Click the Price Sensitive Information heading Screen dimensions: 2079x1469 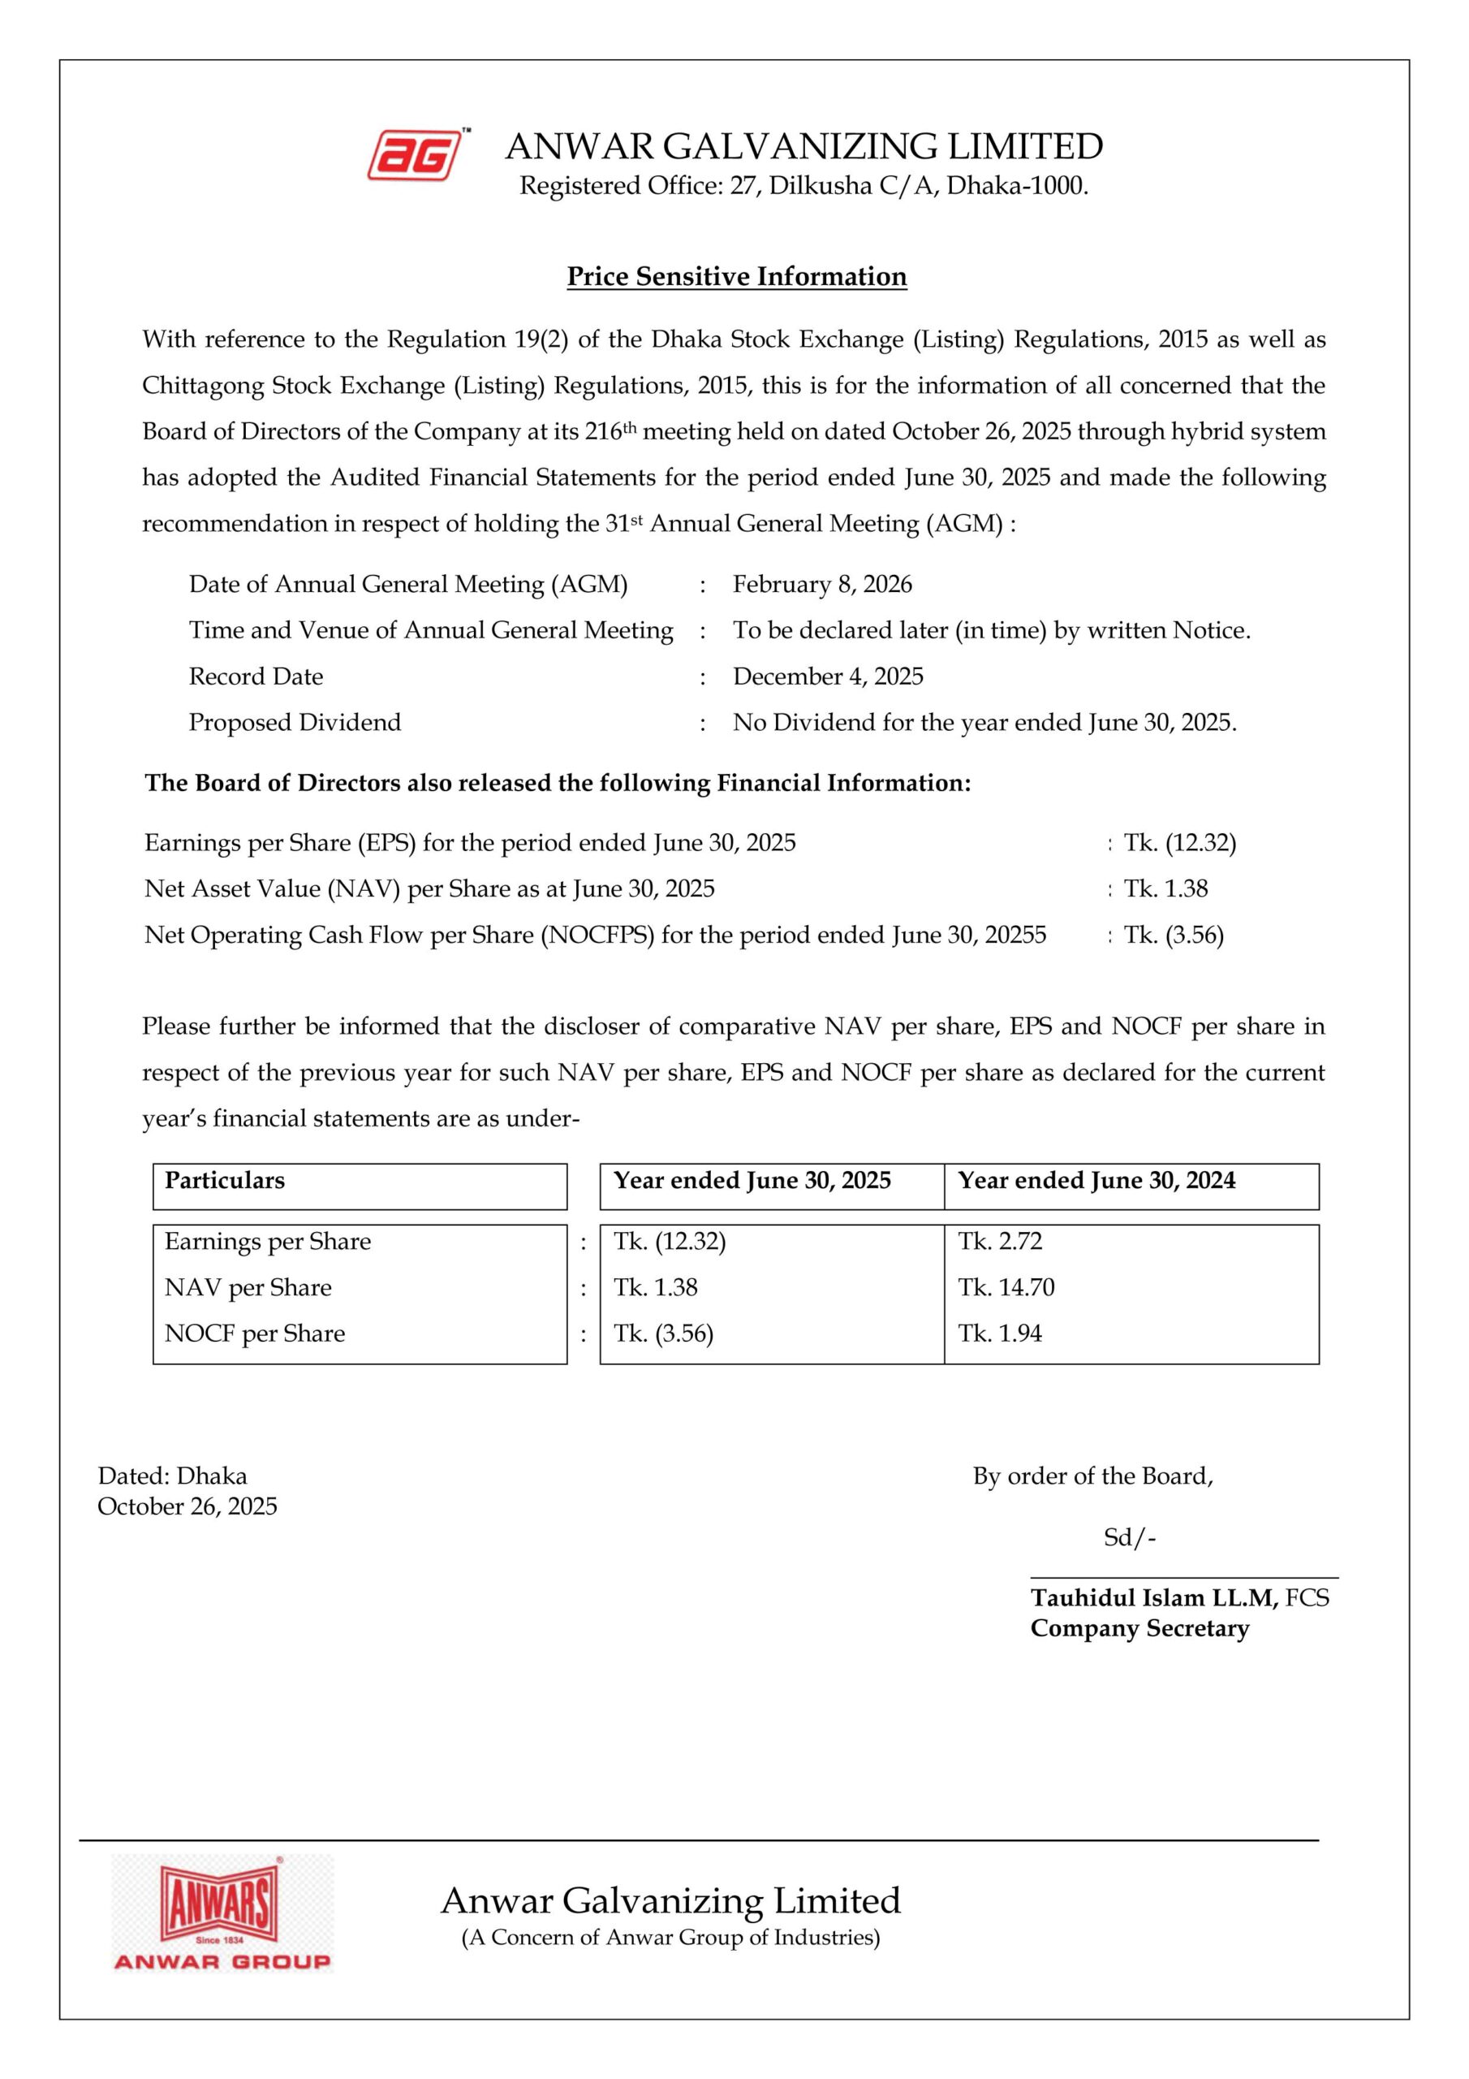(x=736, y=276)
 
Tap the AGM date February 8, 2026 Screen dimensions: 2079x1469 (x=822, y=584)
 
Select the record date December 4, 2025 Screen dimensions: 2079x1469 (x=827, y=676)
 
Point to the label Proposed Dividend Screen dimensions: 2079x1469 (x=294, y=723)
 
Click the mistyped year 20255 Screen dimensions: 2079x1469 (x=1015, y=935)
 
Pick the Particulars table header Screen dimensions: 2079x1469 (x=225, y=1181)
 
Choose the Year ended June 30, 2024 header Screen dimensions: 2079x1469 (x=1096, y=1181)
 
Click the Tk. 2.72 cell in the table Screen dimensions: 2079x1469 (x=1000, y=1242)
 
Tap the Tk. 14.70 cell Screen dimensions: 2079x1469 (x=1006, y=1288)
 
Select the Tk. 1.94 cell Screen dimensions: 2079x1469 (x=1000, y=1333)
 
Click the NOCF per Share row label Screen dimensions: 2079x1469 (x=254, y=1333)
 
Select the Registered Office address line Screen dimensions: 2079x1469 (x=803, y=187)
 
